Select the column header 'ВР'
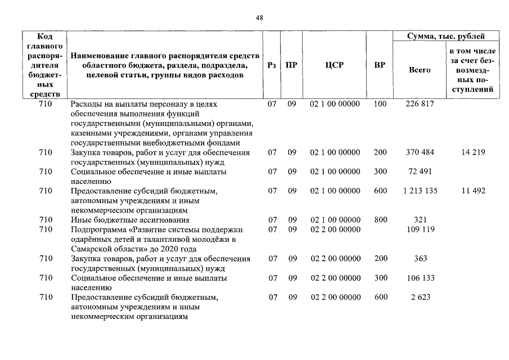[380, 65]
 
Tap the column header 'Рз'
[272, 65]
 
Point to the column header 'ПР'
[291, 65]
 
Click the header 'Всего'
[420, 70]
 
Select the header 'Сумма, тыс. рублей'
[446, 37]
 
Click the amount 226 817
[420, 105]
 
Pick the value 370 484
[420, 152]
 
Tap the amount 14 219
[473, 152]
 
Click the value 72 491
[420, 172]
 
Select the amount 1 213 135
[420, 191]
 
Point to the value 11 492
[473, 191]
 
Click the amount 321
[420, 219]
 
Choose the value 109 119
[420, 229]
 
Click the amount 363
[420, 258]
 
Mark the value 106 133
[420, 278]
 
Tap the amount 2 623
[420, 297]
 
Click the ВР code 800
[380, 219]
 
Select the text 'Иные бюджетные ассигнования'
[130, 220]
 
